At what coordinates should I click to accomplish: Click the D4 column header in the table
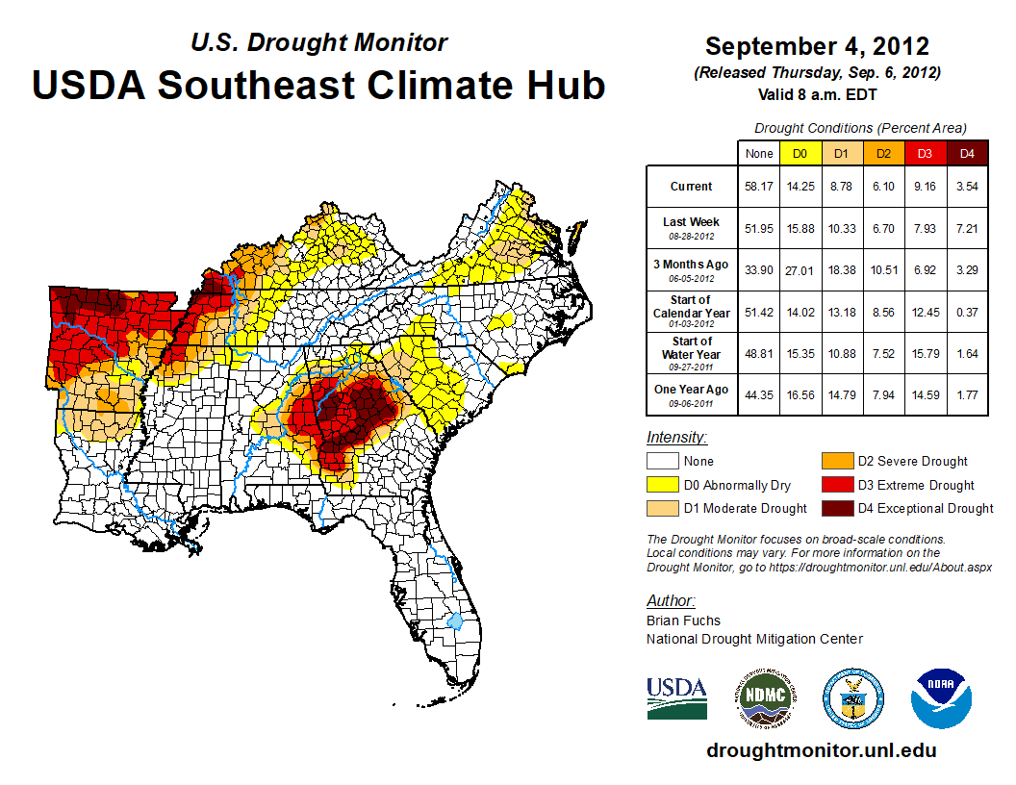click(967, 153)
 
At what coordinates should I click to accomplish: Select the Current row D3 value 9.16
click(926, 187)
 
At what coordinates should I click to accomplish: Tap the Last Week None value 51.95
click(758, 229)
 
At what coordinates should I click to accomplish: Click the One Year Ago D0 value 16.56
click(800, 390)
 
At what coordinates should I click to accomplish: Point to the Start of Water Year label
click(691, 347)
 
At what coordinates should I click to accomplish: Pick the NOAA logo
click(942, 698)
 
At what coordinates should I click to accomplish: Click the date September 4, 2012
click(817, 46)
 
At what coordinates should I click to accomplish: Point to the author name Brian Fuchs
click(683, 620)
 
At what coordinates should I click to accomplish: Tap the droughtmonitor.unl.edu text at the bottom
click(821, 750)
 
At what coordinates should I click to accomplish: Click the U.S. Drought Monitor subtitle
click(318, 42)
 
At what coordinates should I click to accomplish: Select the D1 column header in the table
click(842, 153)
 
